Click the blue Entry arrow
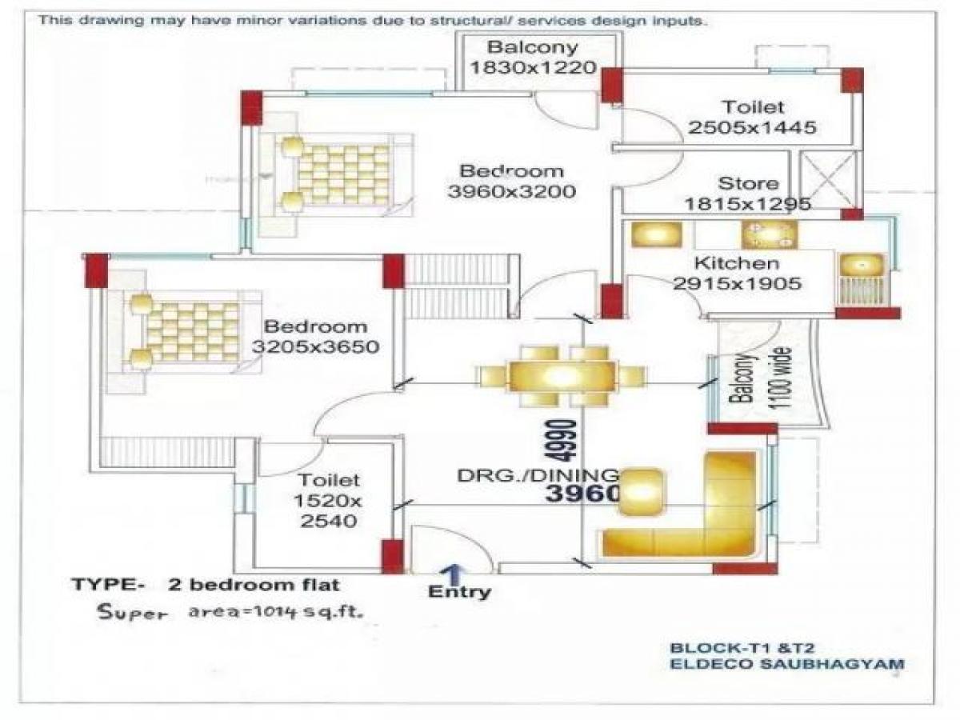tap(453, 574)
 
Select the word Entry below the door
tap(460, 593)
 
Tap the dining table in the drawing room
tap(560, 376)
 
